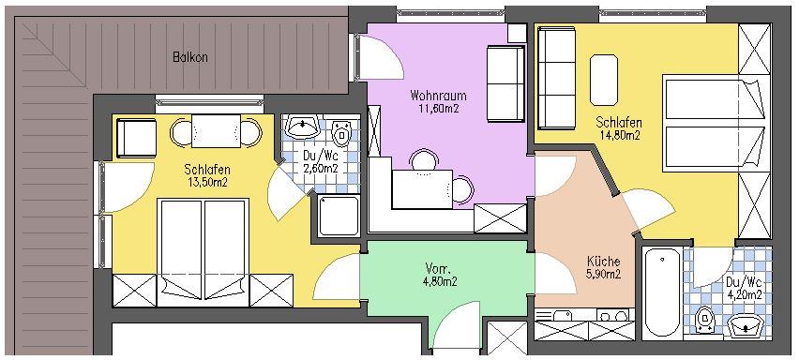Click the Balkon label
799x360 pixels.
(189, 57)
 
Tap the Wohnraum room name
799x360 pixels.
(438, 96)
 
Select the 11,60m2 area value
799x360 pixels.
(438, 108)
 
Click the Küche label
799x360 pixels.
(604, 262)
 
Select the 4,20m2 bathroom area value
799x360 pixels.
(744, 294)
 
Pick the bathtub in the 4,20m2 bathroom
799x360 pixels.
(661, 293)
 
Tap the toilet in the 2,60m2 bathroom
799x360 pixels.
(341, 133)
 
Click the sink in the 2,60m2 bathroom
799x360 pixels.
(303, 127)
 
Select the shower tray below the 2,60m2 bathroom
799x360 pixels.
(339, 216)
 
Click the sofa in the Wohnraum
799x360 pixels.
(505, 84)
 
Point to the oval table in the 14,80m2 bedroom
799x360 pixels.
(604, 80)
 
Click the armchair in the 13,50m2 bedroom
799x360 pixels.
(136, 138)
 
